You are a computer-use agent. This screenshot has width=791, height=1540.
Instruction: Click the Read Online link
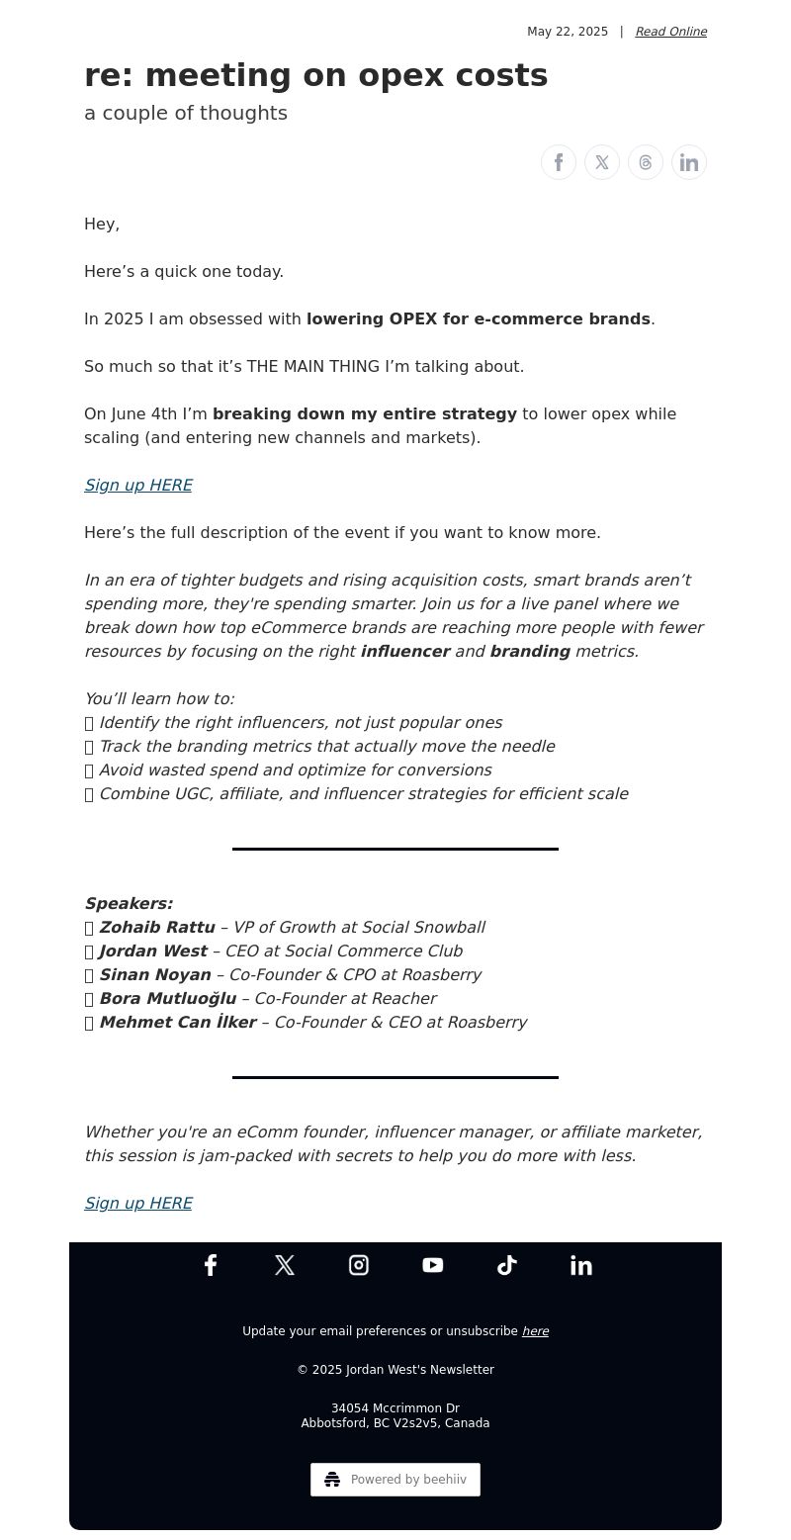(x=670, y=32)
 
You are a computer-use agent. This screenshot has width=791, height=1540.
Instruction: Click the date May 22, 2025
(x=568, y=32)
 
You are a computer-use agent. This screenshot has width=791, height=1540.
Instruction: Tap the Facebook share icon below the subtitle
(x=559, y=162)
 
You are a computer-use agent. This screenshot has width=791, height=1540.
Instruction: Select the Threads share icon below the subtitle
(x=646, y=162)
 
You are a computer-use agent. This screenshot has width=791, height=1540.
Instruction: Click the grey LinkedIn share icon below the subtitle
(x=689, y=162)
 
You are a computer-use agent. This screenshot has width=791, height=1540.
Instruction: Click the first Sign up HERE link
(x=138, y=485)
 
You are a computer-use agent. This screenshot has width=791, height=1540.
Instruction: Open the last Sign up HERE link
(x=138, y=1203)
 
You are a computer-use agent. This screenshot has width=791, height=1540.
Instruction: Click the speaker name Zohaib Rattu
(x=156, y=927)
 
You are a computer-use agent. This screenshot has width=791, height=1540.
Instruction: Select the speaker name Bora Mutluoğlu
(x=167, y=998)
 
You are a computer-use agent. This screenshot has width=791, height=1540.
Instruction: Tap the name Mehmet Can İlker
(x=177, y=1022)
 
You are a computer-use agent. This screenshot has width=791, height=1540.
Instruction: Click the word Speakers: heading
(x=129, y=903)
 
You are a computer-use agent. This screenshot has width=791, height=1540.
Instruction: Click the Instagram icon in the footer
(x=359, y=1265)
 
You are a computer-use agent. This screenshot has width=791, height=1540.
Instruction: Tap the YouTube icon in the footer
(x=433, y=1265)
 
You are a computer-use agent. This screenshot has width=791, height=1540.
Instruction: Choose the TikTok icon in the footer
(x=507, y=1265)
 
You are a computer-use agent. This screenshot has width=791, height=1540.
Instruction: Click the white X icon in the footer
(x=285, y=1265)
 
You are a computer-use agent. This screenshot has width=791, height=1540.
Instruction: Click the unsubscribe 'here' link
(x=535, y=1331)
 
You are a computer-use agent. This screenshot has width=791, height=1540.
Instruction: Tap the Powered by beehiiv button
(x=395, y=1480)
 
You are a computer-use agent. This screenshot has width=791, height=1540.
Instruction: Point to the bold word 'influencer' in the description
(x=405, y=651)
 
